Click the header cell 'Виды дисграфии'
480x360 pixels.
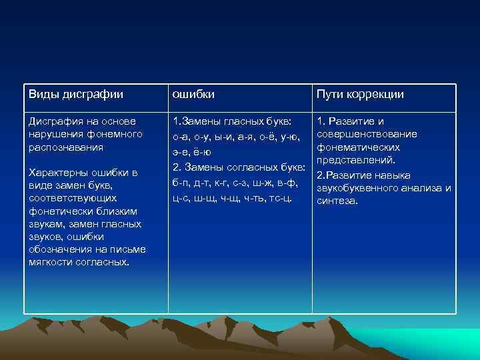(75, 95)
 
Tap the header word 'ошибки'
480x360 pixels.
(193, 95)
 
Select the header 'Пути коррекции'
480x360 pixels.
(360, 95)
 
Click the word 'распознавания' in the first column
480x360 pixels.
(65, 147)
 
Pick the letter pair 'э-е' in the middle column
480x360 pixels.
(180, 153)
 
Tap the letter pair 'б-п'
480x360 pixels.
(180, 182)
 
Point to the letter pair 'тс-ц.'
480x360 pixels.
(280, 198)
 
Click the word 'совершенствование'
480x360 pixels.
(367, 135)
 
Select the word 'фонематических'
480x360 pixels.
(358, 147)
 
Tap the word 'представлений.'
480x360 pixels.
(357, 161)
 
